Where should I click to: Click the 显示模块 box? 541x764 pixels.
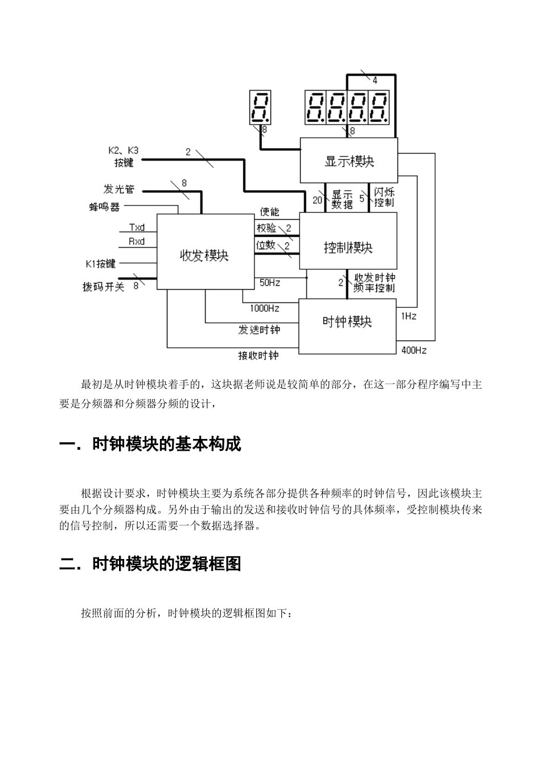tap(349, 161)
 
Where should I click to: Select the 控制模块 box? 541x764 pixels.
tap(348, 248)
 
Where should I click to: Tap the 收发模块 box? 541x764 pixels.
tap(204, 255)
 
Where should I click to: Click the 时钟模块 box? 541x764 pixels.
tap(347, 322)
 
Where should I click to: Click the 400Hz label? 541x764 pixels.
tap(413, 351)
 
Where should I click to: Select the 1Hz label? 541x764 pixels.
tap(408, 316)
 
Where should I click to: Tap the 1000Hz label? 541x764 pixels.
tap(264, 309)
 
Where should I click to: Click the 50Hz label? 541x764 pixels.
tap(270, 282)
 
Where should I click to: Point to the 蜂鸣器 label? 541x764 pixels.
tap(104, 207)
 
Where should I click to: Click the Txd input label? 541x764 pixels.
tap(137, 228)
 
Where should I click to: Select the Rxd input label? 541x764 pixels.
tap(137, 241)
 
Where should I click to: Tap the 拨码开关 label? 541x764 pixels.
tap(103, 286)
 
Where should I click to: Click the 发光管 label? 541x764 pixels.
tap(119, 189)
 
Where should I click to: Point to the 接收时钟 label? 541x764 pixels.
tap(259, 356)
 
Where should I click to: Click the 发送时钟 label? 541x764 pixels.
tap(259, 330)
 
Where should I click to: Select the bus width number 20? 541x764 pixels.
tap(317, 200)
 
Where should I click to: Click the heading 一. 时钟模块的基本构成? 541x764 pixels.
tap(150, 444)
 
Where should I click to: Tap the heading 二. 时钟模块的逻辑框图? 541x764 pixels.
tap(150, 564)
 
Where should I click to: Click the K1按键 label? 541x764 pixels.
tap(100, 264)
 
